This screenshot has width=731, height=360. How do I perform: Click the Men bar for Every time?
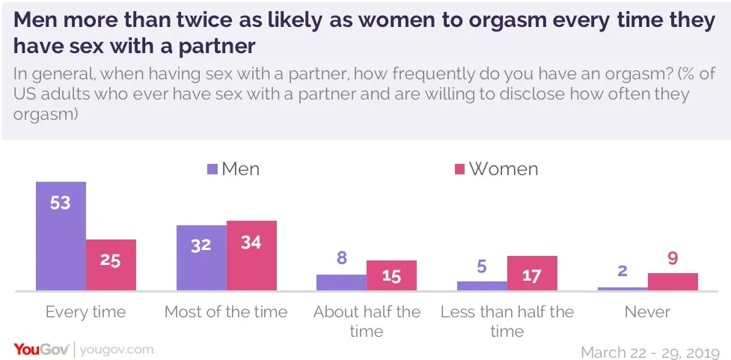[x=61, y=236]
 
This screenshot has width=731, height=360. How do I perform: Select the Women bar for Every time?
[x=111, y=265]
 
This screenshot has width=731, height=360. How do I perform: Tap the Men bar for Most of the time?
[x=201, y=257]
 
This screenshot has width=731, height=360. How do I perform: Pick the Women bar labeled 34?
[x=251, y=255]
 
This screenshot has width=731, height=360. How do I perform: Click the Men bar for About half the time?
[x=341, y=282]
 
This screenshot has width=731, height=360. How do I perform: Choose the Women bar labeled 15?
[x=391, y=275]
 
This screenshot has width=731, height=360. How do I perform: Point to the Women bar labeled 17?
[x=532, y=273]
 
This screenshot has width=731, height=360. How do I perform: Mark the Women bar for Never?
[x=673, y=281]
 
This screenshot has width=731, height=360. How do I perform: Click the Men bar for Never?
[x=623, y=288]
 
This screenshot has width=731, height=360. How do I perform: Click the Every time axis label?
[x=85, y=312]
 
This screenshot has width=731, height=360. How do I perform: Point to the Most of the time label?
[x=226, y=312]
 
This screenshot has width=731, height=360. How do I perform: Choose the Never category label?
[x=648, y=312]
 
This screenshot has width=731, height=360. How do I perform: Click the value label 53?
[x=61, y=202]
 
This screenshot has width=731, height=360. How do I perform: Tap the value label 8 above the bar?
[x=341, y=259]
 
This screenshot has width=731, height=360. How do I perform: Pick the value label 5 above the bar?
[x=482, y=266]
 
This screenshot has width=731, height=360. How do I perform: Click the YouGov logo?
[x=41, y=349]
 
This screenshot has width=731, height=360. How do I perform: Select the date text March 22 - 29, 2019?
[x=649, y=352]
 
